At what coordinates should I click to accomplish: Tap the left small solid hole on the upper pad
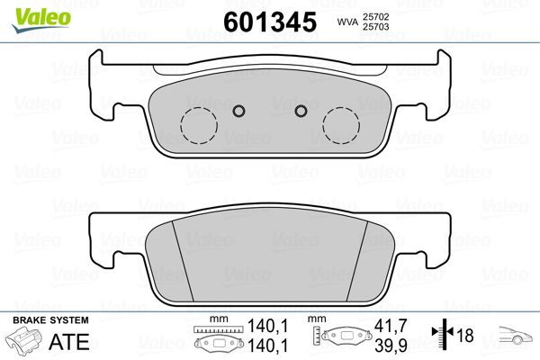pyautogui.click(x=238, y=111)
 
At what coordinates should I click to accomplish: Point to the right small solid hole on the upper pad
pyautogui.click(x=301, y=111)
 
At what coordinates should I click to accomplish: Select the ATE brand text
pyautogui.click(x=74, y=343)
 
